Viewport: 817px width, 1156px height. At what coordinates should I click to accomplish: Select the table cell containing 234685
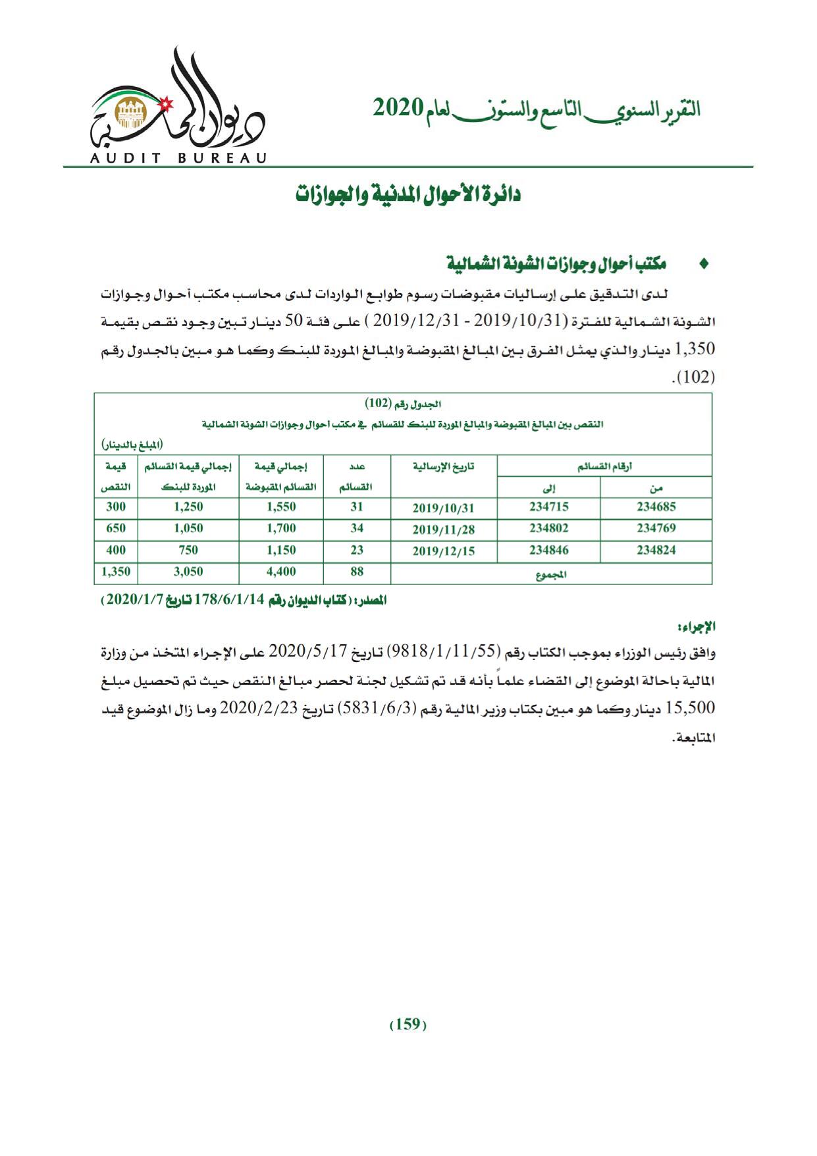(x=656, y=507)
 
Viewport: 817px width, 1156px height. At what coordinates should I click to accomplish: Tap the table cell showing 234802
(x=548, y=528)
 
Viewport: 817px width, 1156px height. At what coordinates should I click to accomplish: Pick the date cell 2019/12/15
(x=443, y=551)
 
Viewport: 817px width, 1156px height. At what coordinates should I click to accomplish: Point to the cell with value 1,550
(x=281, y=507)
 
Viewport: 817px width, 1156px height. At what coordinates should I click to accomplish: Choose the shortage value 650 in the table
(x=115, y=528)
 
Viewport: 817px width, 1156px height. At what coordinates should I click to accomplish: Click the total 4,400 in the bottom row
(x=281, y=572)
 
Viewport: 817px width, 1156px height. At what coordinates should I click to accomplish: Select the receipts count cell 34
(x=357, y=528)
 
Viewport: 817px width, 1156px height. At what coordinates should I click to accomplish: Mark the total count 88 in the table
(x=357, y=572)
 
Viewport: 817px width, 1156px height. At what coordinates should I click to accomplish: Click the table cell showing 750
(x=188, y=550)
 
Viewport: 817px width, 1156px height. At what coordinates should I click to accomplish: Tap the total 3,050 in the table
(x=188, y=572)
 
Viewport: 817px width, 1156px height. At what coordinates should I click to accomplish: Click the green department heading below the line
(x=408, y=195)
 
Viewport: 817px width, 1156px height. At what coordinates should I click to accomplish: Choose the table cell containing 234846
(x=548, y=550)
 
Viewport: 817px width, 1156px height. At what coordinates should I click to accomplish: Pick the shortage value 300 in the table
(x=115, y=507)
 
